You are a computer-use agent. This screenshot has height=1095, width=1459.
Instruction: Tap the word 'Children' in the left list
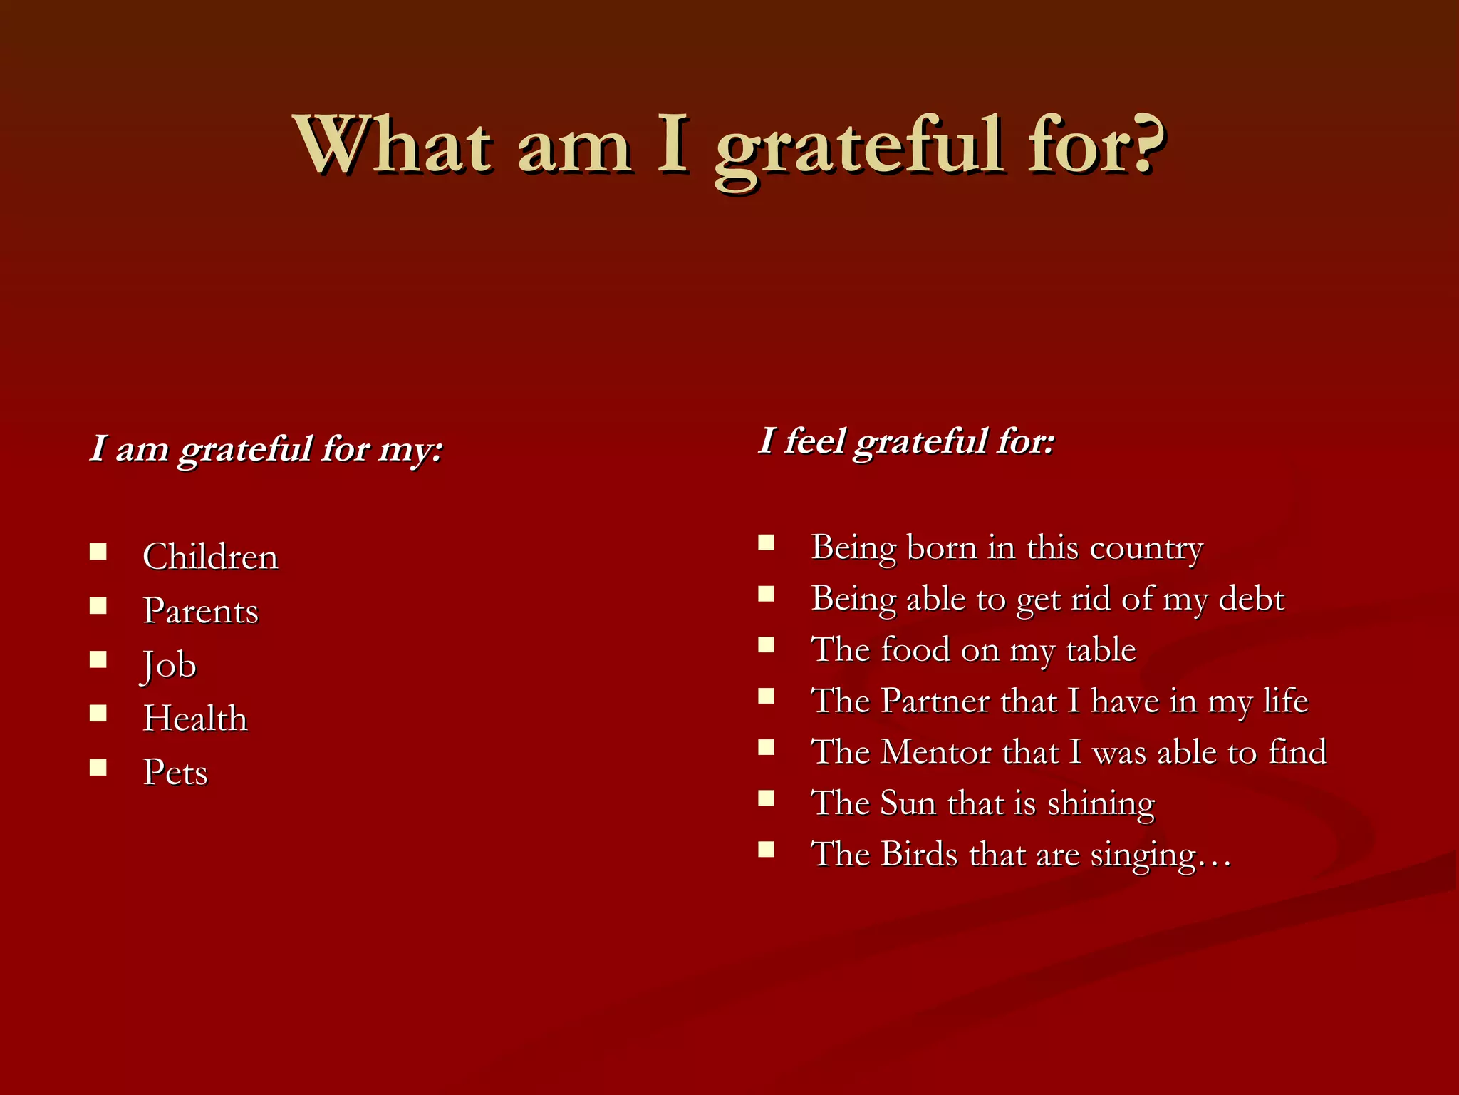(210, 557)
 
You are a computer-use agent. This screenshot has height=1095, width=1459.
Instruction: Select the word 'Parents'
(200, 611)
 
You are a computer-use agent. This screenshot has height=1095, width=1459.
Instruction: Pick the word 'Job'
(169, 665)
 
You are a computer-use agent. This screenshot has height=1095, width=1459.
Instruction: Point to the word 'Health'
(195, 719)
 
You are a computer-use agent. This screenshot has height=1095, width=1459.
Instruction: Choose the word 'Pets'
(175, 773)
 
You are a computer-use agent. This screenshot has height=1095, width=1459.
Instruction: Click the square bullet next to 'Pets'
(98, 768)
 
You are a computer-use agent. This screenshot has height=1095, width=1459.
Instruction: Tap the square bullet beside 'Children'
(98, 552)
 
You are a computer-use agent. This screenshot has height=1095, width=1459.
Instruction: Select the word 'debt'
(1251, 599)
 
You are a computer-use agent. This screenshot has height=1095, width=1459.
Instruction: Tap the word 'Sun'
(908, 803)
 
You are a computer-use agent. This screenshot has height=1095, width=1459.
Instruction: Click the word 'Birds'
(919, 854)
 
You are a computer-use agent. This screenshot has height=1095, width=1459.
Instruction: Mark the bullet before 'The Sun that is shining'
(766, 798)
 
